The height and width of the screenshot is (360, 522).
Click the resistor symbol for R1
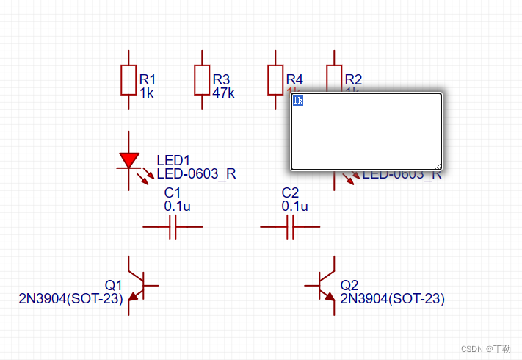click(x=129, y=79)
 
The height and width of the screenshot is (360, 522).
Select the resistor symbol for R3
click(x=203, y=79)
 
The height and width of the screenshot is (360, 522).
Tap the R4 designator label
click(x=294, y=79)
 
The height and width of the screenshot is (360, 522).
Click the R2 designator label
click(x=353, y=79)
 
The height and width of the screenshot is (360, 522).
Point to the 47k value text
click(x=223, y=93)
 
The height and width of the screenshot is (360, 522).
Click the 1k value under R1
click(x=147, y=93)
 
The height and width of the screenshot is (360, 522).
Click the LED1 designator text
click(x=173, y=161)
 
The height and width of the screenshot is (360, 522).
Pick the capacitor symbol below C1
click(x=173, y=228)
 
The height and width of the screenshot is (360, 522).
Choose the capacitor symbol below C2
click(x=290, y=228)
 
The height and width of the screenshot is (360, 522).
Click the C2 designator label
click(x=291, y=193)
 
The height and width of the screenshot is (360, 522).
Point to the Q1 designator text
click(x=113, y=285)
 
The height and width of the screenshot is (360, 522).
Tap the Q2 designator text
click(x=349, y=285)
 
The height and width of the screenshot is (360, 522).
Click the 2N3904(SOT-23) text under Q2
click(x=392, y=299)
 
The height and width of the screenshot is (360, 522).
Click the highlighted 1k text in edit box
click(x=297, y=100)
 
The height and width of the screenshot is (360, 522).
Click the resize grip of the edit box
click(x=438, y=167)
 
